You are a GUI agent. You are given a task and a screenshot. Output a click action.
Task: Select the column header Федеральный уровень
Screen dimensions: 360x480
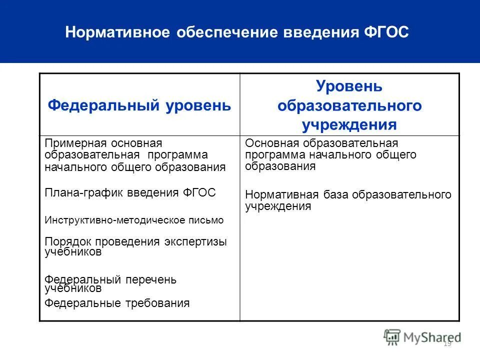click(x=139, y=105)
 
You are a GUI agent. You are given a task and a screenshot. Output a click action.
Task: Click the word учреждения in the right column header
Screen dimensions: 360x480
click(x=349, y=124)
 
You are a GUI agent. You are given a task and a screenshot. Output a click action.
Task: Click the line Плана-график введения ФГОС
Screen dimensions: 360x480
click(x=130, y=193)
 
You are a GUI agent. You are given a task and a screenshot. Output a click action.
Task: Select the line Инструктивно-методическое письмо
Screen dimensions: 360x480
click(x=134, y=219)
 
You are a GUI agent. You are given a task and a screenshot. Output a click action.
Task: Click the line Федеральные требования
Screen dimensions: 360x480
click(x=117, y=302)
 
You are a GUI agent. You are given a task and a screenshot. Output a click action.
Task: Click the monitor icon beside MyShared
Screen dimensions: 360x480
click(x=392, y=336)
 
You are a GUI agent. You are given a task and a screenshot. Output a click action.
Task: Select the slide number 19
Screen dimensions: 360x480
click(x=447, y=343)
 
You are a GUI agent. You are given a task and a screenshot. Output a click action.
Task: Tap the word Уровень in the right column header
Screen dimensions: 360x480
click(x=349, y=86)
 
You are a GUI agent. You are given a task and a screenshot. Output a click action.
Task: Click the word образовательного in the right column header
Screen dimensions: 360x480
click(x=349, y=105)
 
